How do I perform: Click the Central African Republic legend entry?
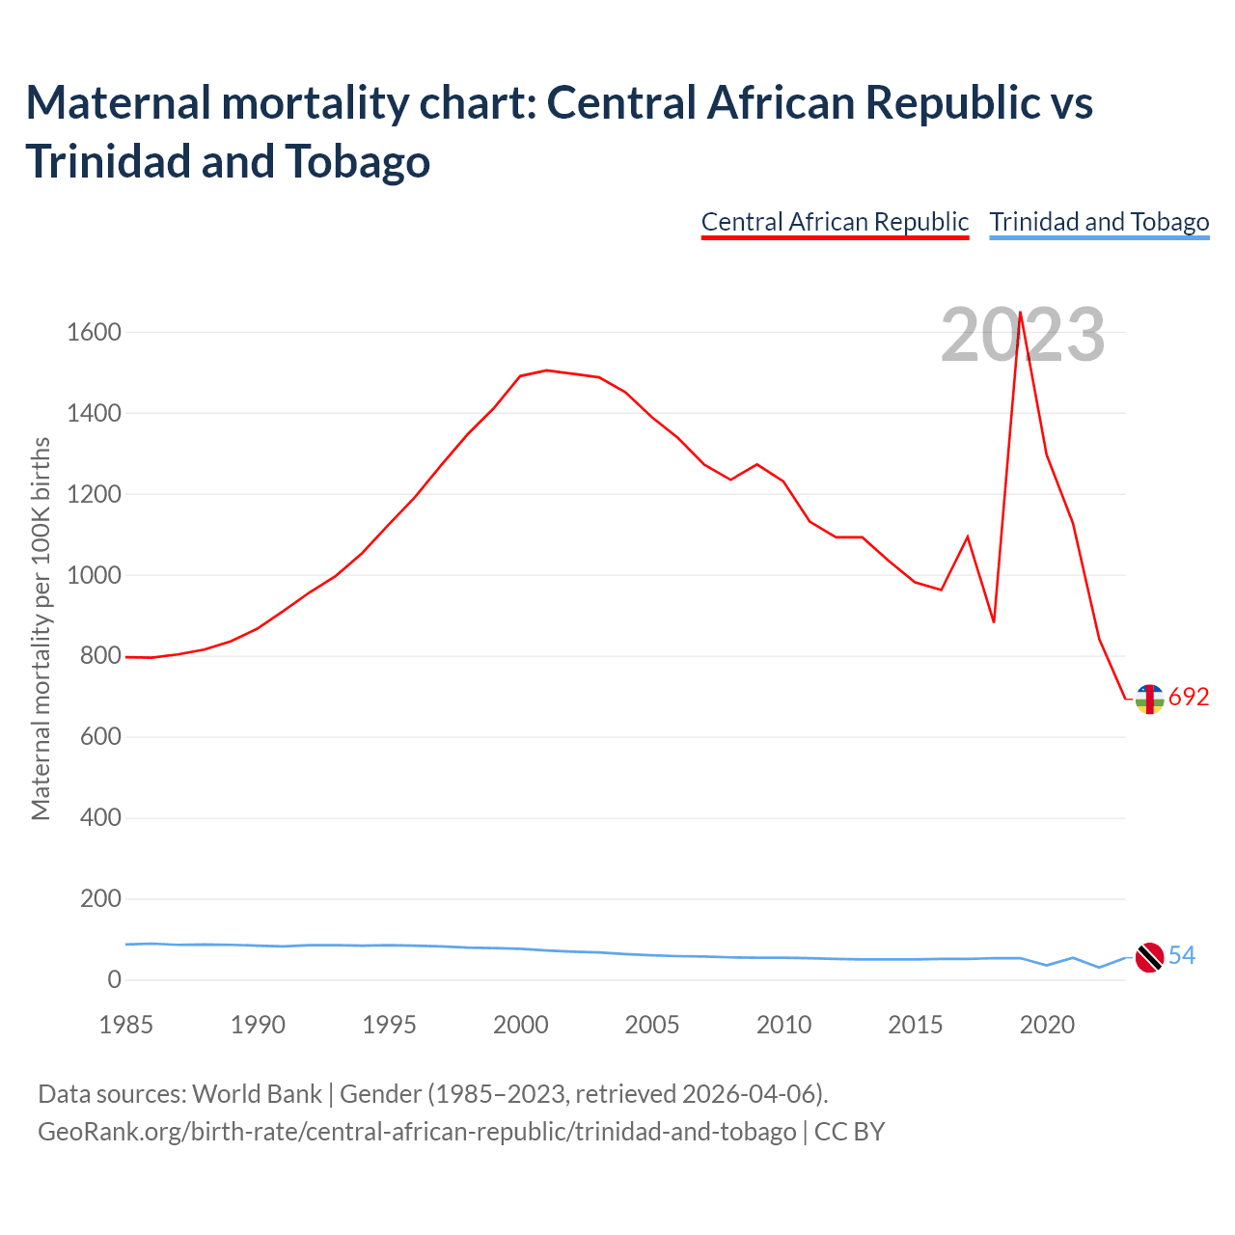(835, 222)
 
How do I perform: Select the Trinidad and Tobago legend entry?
(1099, 222)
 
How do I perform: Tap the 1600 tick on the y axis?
(94, 333)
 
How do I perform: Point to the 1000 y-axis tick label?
(94, 576)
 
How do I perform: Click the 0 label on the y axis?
(115, 980)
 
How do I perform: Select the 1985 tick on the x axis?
(126, 1025)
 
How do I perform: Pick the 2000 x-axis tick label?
(521, 1025)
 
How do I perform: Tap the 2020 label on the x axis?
(1047, 1025)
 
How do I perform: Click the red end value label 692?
(1189, 698)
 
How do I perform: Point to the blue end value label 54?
(1182, 956)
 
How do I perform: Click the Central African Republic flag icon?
(1149, 699)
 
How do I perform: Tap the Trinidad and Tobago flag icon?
(1149, 957)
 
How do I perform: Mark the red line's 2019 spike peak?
(1020, 313)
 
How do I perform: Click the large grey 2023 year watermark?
(1023, 336)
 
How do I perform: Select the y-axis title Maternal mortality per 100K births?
(41, 629)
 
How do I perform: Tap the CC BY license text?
(850, 1131)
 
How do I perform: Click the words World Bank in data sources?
(257, 1094)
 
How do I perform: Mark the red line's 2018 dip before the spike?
(994, 621)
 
